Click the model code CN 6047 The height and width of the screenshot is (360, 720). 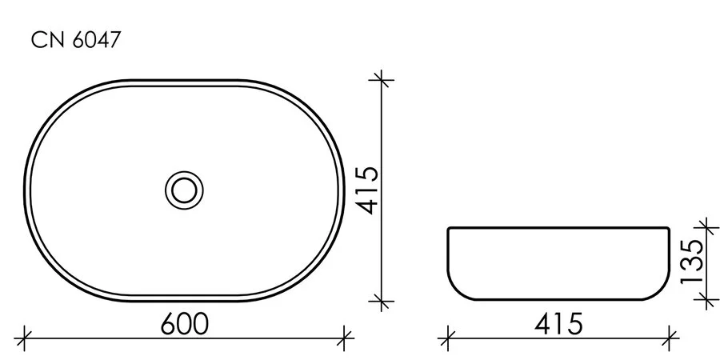point(76,42)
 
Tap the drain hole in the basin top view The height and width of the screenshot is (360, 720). point(184,190)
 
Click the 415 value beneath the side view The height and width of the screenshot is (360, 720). point(560,323)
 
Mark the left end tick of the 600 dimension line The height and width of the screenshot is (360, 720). point(26,336)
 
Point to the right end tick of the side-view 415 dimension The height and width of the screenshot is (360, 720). point(669,336)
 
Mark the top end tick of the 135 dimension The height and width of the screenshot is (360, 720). point(704,227)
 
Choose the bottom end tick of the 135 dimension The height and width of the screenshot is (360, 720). point(704,301)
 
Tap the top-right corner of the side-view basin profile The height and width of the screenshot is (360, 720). point(667,228)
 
